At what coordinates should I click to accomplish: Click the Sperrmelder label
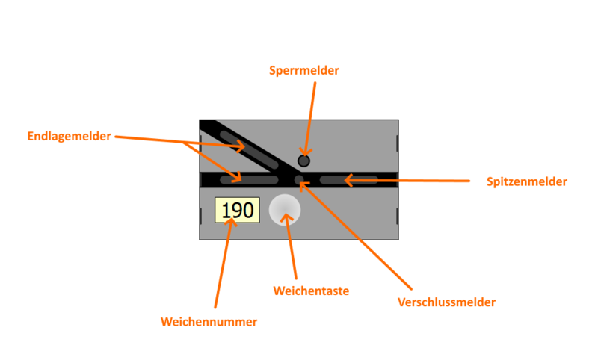click(304, 71)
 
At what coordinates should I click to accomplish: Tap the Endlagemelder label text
click(69, 137)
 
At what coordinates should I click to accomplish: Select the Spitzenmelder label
click(526, 181)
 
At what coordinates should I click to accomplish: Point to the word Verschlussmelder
click(446, 302)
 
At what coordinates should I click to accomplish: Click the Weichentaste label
click(311, 291)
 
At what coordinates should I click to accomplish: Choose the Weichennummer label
click(209, 322)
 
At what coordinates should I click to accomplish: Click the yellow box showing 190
click(237, 210)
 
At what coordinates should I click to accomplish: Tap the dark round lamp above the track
click(303, 161)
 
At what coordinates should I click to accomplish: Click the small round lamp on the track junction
click(299, 180)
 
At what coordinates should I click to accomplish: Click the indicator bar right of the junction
click(348, 180)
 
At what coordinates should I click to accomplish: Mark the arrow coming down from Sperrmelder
click(310, 112)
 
